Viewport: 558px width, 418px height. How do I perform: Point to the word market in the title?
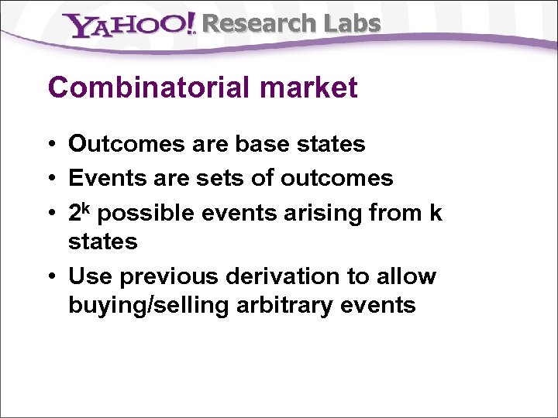click(309, 87)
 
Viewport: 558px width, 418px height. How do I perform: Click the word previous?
click(174, 276)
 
